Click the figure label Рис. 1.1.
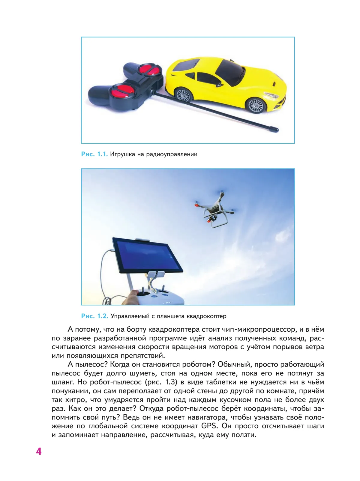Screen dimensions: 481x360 point(94,154)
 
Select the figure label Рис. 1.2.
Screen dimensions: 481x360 point(94,316)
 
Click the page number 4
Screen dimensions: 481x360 point(39,451)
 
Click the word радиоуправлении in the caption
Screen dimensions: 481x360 point(172,154)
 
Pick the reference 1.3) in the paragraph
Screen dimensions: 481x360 point(170,382)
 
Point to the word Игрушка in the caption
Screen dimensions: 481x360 point(122,154)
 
